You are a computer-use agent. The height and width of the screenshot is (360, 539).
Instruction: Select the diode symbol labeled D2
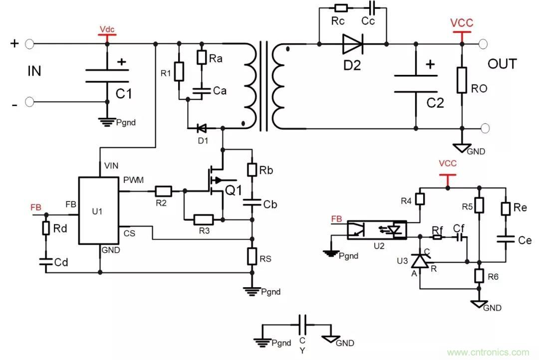tap(352, 44)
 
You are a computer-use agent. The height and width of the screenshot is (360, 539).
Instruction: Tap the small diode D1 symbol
tap(202, 128)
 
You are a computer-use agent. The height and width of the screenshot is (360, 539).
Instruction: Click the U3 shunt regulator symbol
tap(420, 261)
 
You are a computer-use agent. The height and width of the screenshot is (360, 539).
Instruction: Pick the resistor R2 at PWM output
tap(163, 190)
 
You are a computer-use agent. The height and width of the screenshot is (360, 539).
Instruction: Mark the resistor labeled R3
tap(203, 219)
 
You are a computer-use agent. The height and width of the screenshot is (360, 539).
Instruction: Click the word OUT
tap(502, 64)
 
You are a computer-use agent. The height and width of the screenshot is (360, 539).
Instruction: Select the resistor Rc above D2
tap(341, 7)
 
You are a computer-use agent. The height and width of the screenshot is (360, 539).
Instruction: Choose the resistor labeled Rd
tap(46, 228)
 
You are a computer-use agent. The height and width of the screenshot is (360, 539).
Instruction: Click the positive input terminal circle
tap(29, 44)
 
